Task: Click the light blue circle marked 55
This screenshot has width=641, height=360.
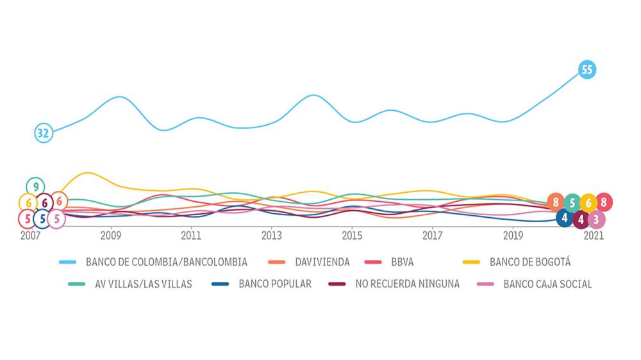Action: [587, 69]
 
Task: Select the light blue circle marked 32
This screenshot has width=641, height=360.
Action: [43, 133]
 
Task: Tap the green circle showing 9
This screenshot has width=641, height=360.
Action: [35, 186]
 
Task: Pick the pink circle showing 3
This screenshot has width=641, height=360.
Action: [596, 220]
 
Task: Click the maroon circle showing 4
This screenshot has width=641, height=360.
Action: [581, 220]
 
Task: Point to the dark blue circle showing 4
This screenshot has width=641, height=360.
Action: [565, 218]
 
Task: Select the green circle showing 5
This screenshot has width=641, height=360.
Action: [572, 202]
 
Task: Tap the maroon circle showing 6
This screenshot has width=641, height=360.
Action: [44, 203]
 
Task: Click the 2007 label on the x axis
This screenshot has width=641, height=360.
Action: [31, 235]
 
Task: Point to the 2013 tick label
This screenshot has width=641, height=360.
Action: [272, 235]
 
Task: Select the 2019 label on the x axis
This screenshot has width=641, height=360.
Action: [513, 235]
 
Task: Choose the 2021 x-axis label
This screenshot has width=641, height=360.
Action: [593, 235]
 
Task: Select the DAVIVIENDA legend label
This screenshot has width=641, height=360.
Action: [322, 262]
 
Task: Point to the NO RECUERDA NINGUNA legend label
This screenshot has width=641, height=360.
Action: [407, 284]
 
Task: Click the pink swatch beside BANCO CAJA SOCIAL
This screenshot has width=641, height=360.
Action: [487, 284]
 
